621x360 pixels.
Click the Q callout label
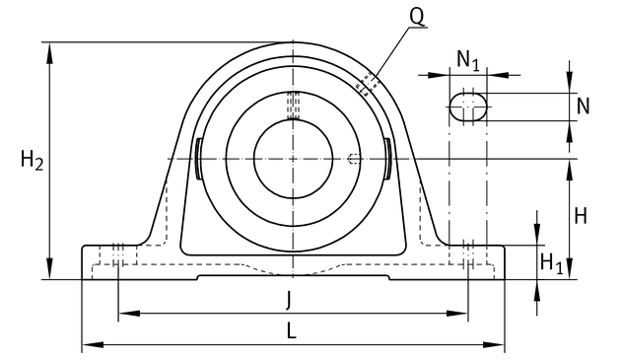[417, 17]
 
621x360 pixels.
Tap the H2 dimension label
[32, 161]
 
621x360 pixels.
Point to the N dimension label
[583, 107]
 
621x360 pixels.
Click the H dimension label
[581, 216]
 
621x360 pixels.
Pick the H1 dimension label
[551, 263]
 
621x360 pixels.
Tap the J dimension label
[289, 299]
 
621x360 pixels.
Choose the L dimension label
[291, 330]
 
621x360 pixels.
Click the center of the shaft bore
[293, 159]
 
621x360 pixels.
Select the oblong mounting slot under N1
[468, 107]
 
